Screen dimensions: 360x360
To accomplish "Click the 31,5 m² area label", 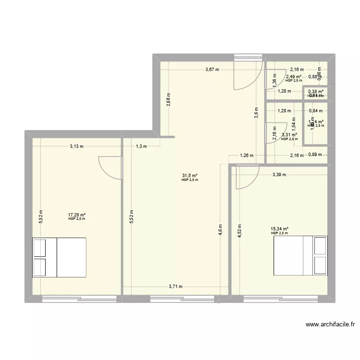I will click(x=190, y=176).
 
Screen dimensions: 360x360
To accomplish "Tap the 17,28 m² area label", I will click(x=77, y=215).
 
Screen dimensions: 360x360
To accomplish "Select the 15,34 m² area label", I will click(x=279, y=229).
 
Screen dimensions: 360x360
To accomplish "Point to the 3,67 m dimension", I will click(x=212, y=70).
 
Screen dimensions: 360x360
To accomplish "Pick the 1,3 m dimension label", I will click(x=141, y=146).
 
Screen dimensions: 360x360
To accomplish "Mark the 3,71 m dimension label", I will click(x=176, y=287).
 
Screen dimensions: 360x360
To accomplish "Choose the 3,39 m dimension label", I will click(x=279, y=175).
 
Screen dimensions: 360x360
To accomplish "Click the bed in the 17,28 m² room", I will click(x=59, y=257).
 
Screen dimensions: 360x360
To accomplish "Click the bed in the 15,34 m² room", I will click(x=300, y=255).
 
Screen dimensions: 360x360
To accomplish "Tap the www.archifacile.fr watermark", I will click(x=330, y=324).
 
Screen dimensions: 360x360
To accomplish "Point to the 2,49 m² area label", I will click(x=294, y=76).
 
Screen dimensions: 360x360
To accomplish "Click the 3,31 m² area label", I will click(x=289, y=135).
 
